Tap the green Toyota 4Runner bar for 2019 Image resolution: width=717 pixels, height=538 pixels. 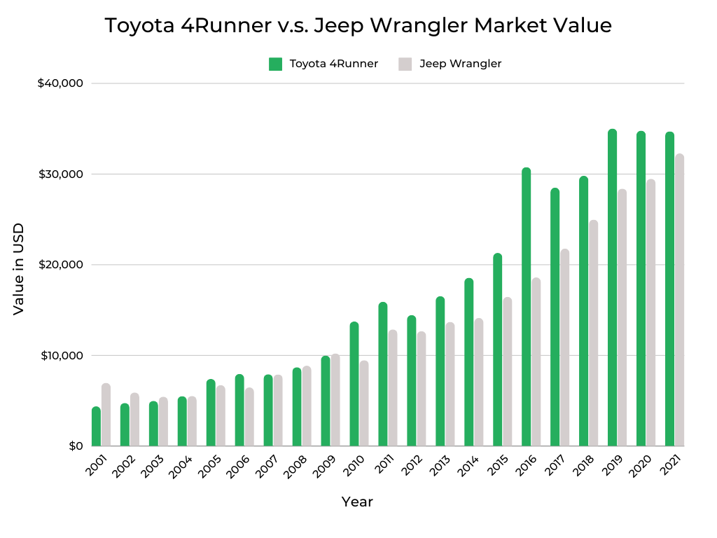(612, 287)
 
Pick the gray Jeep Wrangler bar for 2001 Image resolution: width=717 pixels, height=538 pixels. (106, 415)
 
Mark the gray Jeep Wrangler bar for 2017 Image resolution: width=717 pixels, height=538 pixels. (564, 347)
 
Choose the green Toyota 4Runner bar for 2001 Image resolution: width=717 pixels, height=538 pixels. (96, 427)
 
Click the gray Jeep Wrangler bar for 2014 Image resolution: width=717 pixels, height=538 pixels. (478, 382)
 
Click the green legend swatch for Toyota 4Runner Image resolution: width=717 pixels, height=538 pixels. (275, 64)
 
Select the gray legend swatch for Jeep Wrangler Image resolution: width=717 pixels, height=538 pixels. (405, 64)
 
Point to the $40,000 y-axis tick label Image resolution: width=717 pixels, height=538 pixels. (60, 83)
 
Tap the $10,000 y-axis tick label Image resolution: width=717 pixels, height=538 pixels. (60, 355)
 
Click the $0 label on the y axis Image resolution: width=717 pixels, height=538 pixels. (76, 446)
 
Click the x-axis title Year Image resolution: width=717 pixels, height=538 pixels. (357, 502)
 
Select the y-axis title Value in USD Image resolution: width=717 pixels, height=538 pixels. (19, 269)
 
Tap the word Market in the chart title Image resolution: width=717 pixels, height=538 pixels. (508, 26)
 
